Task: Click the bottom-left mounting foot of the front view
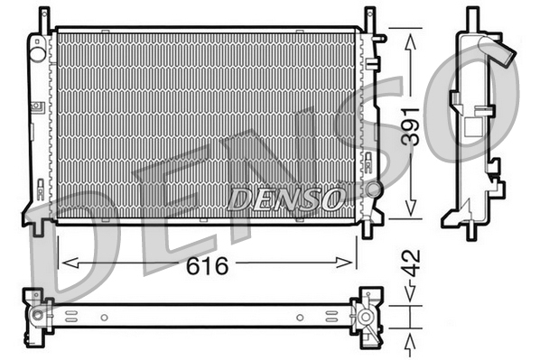37,228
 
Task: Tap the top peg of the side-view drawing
471,18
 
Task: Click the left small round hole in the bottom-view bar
104,317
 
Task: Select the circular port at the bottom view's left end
37,316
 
